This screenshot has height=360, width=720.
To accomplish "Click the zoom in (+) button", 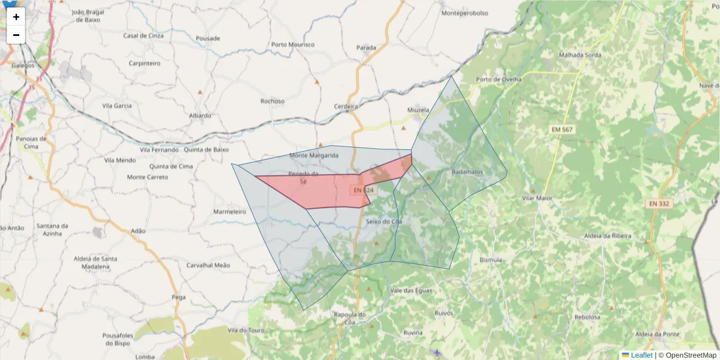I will tap(16, 17).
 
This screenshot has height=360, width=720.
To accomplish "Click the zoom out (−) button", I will tap(16, 35).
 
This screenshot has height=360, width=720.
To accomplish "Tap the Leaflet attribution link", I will tap(641, 355).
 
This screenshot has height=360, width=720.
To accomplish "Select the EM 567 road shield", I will tap(562, 130).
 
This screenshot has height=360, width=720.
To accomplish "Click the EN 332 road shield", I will tap(658, 204).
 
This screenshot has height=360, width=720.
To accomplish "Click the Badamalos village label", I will tap(467, 172).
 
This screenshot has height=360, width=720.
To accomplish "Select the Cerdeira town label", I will tap(346, 106).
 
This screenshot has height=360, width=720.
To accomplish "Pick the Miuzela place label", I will tap(418, 110).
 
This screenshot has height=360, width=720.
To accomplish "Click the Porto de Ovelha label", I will tap(499, 79).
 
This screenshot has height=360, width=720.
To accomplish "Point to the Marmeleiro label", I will tap(230, 212).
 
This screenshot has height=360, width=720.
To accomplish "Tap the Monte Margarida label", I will tap(314, 155).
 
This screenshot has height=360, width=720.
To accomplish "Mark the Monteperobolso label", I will tap(464, 13).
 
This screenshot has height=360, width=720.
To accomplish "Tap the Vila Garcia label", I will tap(117, 106).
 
